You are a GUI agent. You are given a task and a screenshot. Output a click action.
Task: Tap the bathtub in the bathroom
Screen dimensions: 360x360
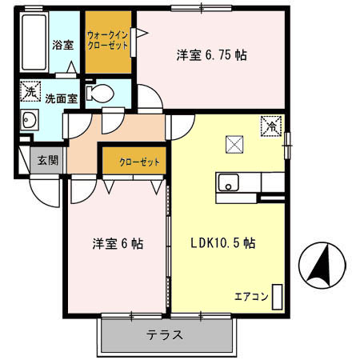[x=34, y=42]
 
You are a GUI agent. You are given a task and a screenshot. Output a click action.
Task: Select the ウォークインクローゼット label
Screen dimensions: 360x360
[x=107, y=41]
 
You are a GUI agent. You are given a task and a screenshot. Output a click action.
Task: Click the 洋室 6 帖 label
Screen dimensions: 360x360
[x=118, y=244]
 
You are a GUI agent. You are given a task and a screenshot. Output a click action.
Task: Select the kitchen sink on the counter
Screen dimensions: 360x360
[x=230, y=183]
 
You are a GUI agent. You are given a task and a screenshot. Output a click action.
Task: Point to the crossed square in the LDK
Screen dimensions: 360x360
[x=235, y=144]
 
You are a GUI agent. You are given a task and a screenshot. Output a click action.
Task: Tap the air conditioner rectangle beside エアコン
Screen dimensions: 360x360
[x=277, y=297]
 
